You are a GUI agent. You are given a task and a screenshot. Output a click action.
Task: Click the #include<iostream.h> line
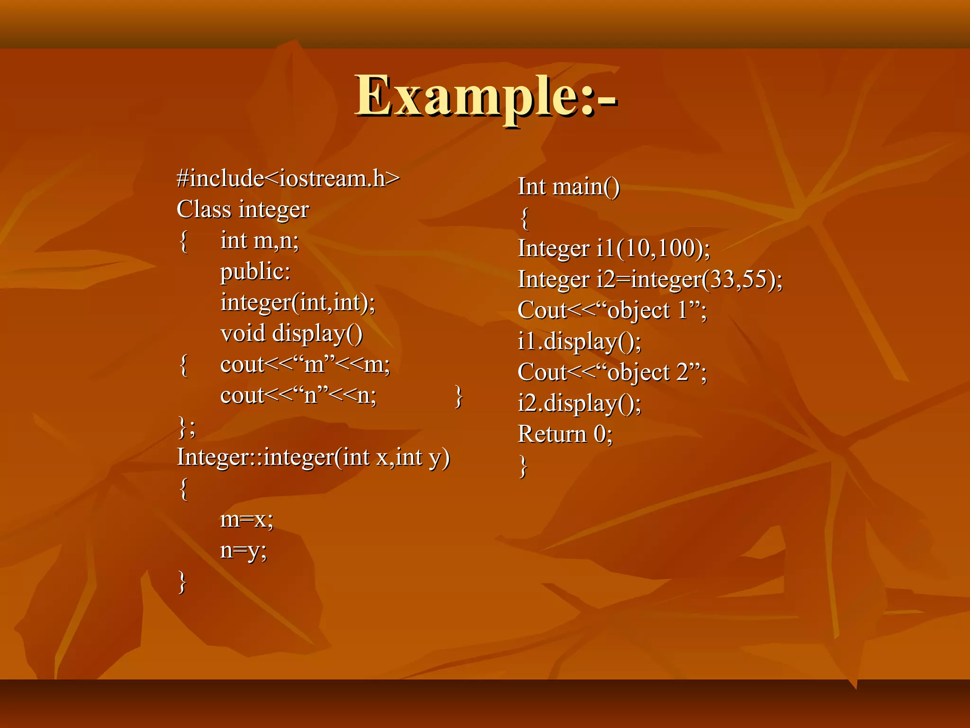[288, 179]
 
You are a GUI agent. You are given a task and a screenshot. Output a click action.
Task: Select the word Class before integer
[204, 209]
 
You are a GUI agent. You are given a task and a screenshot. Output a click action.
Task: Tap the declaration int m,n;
[260, 241]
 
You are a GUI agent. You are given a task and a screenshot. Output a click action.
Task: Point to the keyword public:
[255, 272]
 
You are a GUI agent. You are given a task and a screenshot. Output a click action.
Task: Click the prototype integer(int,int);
[297, 302]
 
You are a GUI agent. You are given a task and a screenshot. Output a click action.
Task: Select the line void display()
[291, 333]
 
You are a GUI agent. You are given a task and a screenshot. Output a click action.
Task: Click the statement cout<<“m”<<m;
[305, 364]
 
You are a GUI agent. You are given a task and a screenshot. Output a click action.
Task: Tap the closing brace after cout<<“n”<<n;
[458, 396]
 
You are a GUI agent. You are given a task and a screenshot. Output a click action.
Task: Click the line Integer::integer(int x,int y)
[313, 457]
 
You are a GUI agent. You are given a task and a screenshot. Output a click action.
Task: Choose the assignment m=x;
[247, 519]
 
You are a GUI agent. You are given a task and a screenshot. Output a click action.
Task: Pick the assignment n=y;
[243, 550]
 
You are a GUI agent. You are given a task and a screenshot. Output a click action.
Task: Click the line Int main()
[568, 186]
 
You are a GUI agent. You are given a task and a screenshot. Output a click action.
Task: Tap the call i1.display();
[579, 341]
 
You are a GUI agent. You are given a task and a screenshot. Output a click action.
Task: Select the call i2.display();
[579, 403]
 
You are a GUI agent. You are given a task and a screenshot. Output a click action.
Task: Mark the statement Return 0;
[565, 434]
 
